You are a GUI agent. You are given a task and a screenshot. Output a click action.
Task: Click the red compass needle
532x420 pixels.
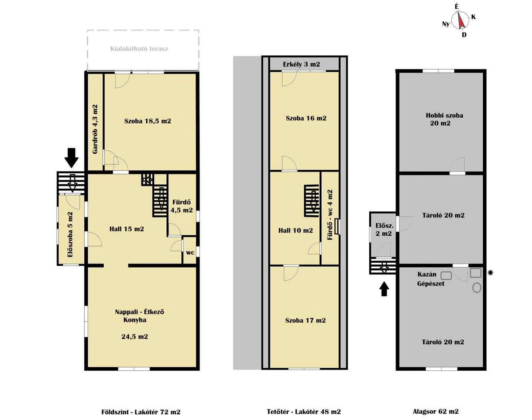(x=461, y=20)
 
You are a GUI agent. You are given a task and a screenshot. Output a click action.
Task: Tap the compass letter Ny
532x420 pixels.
(x=446, y=24)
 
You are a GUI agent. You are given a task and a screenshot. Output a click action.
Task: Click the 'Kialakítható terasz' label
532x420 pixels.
(x=139, y=49)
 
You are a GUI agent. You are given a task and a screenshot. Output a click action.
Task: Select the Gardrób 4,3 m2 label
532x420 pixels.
(x=95, y=129)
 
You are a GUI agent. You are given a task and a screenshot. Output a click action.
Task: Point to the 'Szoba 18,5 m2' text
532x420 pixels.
(x=148, y=121)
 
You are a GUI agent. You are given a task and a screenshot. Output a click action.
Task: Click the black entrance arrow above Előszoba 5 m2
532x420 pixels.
(x=71, y=158)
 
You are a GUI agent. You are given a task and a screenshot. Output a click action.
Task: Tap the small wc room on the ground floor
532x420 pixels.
(x=190, y=250)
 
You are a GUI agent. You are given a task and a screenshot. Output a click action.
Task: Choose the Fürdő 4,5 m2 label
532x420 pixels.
(x=182, y=206)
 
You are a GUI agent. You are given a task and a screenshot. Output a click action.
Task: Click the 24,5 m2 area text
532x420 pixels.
(x=135, y=337)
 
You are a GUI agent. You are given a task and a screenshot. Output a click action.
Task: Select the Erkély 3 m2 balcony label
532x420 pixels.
(x=301, y=65)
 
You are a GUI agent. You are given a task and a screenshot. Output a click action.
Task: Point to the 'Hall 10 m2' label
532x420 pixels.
(x=296, y=230)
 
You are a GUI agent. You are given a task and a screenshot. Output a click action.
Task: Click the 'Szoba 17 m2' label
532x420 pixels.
(x=305, y=320)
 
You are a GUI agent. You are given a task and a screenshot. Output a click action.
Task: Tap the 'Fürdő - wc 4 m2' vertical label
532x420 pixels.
(x=330, y=215)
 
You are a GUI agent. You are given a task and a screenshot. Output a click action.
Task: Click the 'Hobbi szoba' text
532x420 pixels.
(x=445, y=115)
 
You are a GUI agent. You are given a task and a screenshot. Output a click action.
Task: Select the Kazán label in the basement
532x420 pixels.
(x=427, y=274)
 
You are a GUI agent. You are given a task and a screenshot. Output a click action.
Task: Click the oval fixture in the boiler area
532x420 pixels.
(x=477, y=288)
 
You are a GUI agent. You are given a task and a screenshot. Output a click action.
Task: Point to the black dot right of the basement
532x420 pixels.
(x=490, y=273)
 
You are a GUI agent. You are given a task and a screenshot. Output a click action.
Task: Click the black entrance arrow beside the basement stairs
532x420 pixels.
(x=384, y=289)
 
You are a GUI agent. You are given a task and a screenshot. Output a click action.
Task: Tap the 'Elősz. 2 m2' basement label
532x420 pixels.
(x=384, y=229)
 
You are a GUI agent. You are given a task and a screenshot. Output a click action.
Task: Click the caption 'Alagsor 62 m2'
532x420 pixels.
(x=436, y=411)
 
